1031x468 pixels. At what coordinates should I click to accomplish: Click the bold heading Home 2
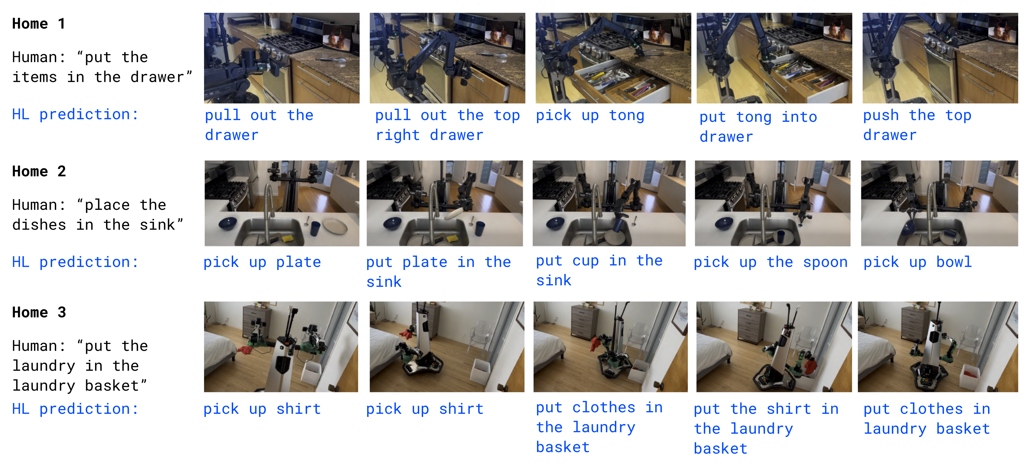point(39,171)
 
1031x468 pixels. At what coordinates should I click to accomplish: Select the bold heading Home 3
point(39,312)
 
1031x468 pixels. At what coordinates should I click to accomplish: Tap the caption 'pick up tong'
point(590,116)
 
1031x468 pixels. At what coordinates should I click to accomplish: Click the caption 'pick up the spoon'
point(770,262)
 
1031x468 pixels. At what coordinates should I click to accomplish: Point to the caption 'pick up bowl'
point(917,262)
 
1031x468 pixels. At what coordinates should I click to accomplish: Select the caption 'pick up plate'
point(262,262)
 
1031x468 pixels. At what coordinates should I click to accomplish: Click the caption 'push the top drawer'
point(917,125)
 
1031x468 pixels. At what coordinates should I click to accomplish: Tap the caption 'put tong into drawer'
point(758,126)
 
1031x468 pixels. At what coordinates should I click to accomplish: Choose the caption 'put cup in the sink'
point(599,270)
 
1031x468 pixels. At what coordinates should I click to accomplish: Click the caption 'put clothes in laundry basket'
point(927,419)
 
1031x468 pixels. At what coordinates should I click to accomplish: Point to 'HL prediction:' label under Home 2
point(75,262)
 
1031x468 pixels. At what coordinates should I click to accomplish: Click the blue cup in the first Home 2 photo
point(315,228)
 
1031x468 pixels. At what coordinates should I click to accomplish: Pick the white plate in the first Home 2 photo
point(336,226)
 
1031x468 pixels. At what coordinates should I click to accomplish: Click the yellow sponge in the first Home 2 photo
point(287,239)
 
